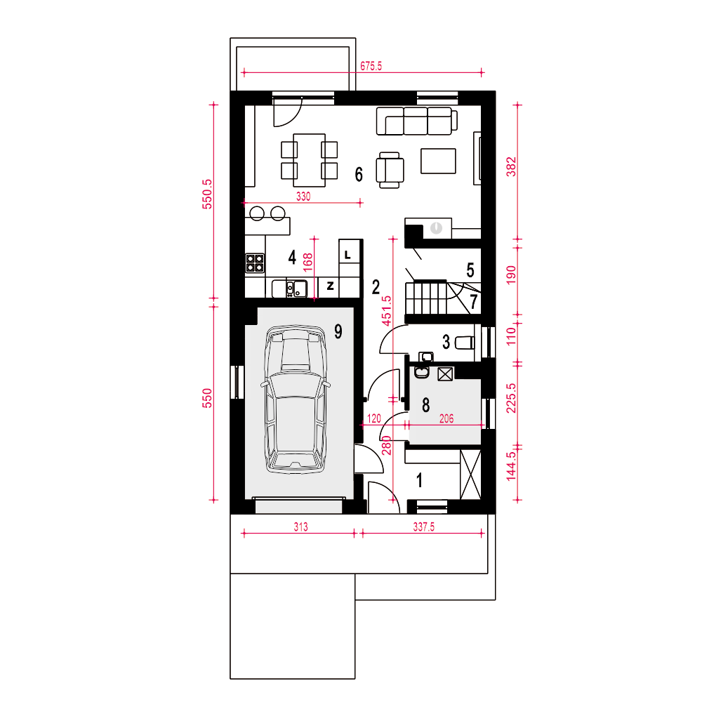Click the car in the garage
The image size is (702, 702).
(296, 399)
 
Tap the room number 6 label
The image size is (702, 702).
(359, 174)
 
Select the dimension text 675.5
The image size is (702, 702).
(371, 66)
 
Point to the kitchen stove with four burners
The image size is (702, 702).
(255, 263)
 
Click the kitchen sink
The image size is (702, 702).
(296, 289)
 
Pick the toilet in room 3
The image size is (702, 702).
(465, 343)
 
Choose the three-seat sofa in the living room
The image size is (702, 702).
(417, 121)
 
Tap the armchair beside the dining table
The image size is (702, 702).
(390, 170)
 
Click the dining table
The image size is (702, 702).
(310, 160)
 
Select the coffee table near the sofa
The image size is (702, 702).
(438, 161)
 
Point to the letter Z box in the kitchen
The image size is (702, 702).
(330, 286)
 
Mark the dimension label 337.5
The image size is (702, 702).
(423, 526)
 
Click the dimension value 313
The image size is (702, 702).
(301, 526)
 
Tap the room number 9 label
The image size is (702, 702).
(338, 332)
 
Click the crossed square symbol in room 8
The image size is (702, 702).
(445, 374)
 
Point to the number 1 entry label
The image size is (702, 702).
(420, 480)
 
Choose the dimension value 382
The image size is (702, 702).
(511, 166)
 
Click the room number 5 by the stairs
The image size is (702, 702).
(470, 270)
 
